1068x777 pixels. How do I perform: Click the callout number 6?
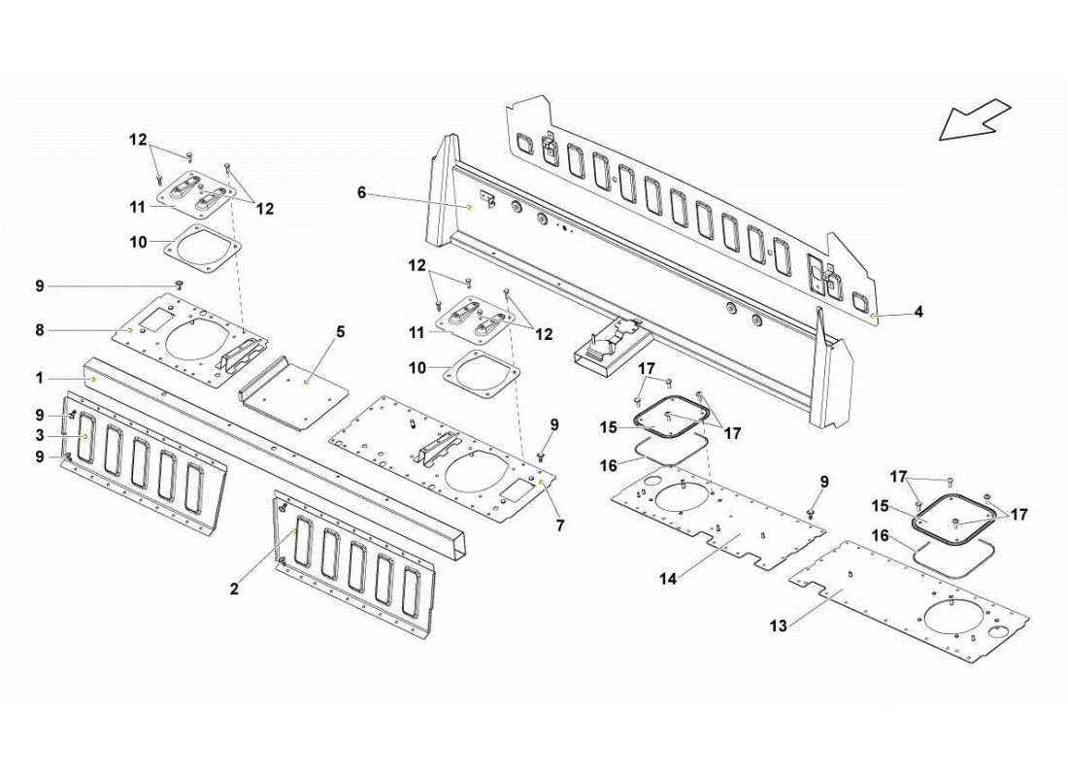361,193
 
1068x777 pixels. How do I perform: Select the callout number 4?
918,313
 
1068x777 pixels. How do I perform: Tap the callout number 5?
340,332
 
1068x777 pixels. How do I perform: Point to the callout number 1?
40,377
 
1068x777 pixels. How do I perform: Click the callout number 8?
40,330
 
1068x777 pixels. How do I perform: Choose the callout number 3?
40,436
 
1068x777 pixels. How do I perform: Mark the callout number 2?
234,589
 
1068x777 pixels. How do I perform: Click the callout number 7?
560,525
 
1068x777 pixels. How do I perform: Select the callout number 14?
667,579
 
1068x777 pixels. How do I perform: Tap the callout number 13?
778,626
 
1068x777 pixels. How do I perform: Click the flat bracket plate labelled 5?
296,388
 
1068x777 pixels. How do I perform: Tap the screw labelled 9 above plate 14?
811,513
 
